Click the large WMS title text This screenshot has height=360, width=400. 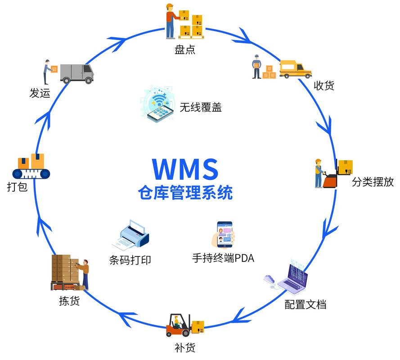(185, 169)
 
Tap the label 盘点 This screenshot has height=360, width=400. (185, 49)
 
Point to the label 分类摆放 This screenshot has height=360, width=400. (373, 182)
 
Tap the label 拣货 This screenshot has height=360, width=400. (69, 301)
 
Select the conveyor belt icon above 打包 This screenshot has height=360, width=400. (31, 167)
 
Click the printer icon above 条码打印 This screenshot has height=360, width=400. (133, 236)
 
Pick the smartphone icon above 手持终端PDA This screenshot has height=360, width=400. (225, 234)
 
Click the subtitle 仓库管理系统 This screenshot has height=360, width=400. (185, 193)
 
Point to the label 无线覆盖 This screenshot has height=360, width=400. (201, 107)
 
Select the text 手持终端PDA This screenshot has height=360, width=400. (223, 258)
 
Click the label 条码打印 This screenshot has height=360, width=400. (130, 260)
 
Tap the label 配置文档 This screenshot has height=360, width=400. (305, 304)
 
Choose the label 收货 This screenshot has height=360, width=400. (324, 85)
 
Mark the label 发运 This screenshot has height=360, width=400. (39, 93)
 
